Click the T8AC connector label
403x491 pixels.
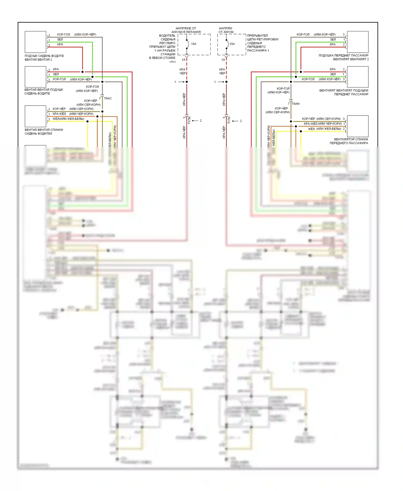[x=108, y=98]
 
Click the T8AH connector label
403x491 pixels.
[x=296, y=104]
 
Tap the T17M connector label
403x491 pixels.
[x=189, y=120]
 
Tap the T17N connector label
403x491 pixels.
[x=229, y=120]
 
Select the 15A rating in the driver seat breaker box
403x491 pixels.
[x=194, y=44]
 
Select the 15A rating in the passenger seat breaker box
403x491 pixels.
[x=232, y=44]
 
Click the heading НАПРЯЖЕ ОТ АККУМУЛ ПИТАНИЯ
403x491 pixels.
[x=186, y=30]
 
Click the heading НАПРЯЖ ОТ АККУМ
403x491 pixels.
[x=226, y=30]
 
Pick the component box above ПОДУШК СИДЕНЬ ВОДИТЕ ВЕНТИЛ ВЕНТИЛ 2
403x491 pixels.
[x=35, y=42]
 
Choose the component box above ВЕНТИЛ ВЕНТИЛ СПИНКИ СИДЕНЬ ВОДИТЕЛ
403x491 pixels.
[x=35, y=116]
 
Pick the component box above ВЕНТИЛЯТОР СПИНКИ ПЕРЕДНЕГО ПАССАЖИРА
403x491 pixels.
[x=358, y=126]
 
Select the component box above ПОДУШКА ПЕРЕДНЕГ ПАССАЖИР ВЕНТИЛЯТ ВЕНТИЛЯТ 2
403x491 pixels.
[x=358, y=42]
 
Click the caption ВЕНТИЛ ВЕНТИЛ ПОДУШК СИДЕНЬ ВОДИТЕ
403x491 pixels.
[x=44, y=92]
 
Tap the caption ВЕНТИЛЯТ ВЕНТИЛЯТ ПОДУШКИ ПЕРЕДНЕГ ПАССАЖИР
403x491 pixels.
[x=344, y=92]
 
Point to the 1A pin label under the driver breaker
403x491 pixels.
[x=184, y=60]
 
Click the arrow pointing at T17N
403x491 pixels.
[x=235, y=121]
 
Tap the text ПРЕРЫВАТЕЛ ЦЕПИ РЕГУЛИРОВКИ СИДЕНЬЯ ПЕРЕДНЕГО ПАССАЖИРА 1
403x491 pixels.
[x=262, y=43]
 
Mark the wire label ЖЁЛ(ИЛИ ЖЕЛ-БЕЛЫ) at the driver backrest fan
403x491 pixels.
[x=68, y=119]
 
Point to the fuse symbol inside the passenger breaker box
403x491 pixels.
[x=227, y=44]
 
